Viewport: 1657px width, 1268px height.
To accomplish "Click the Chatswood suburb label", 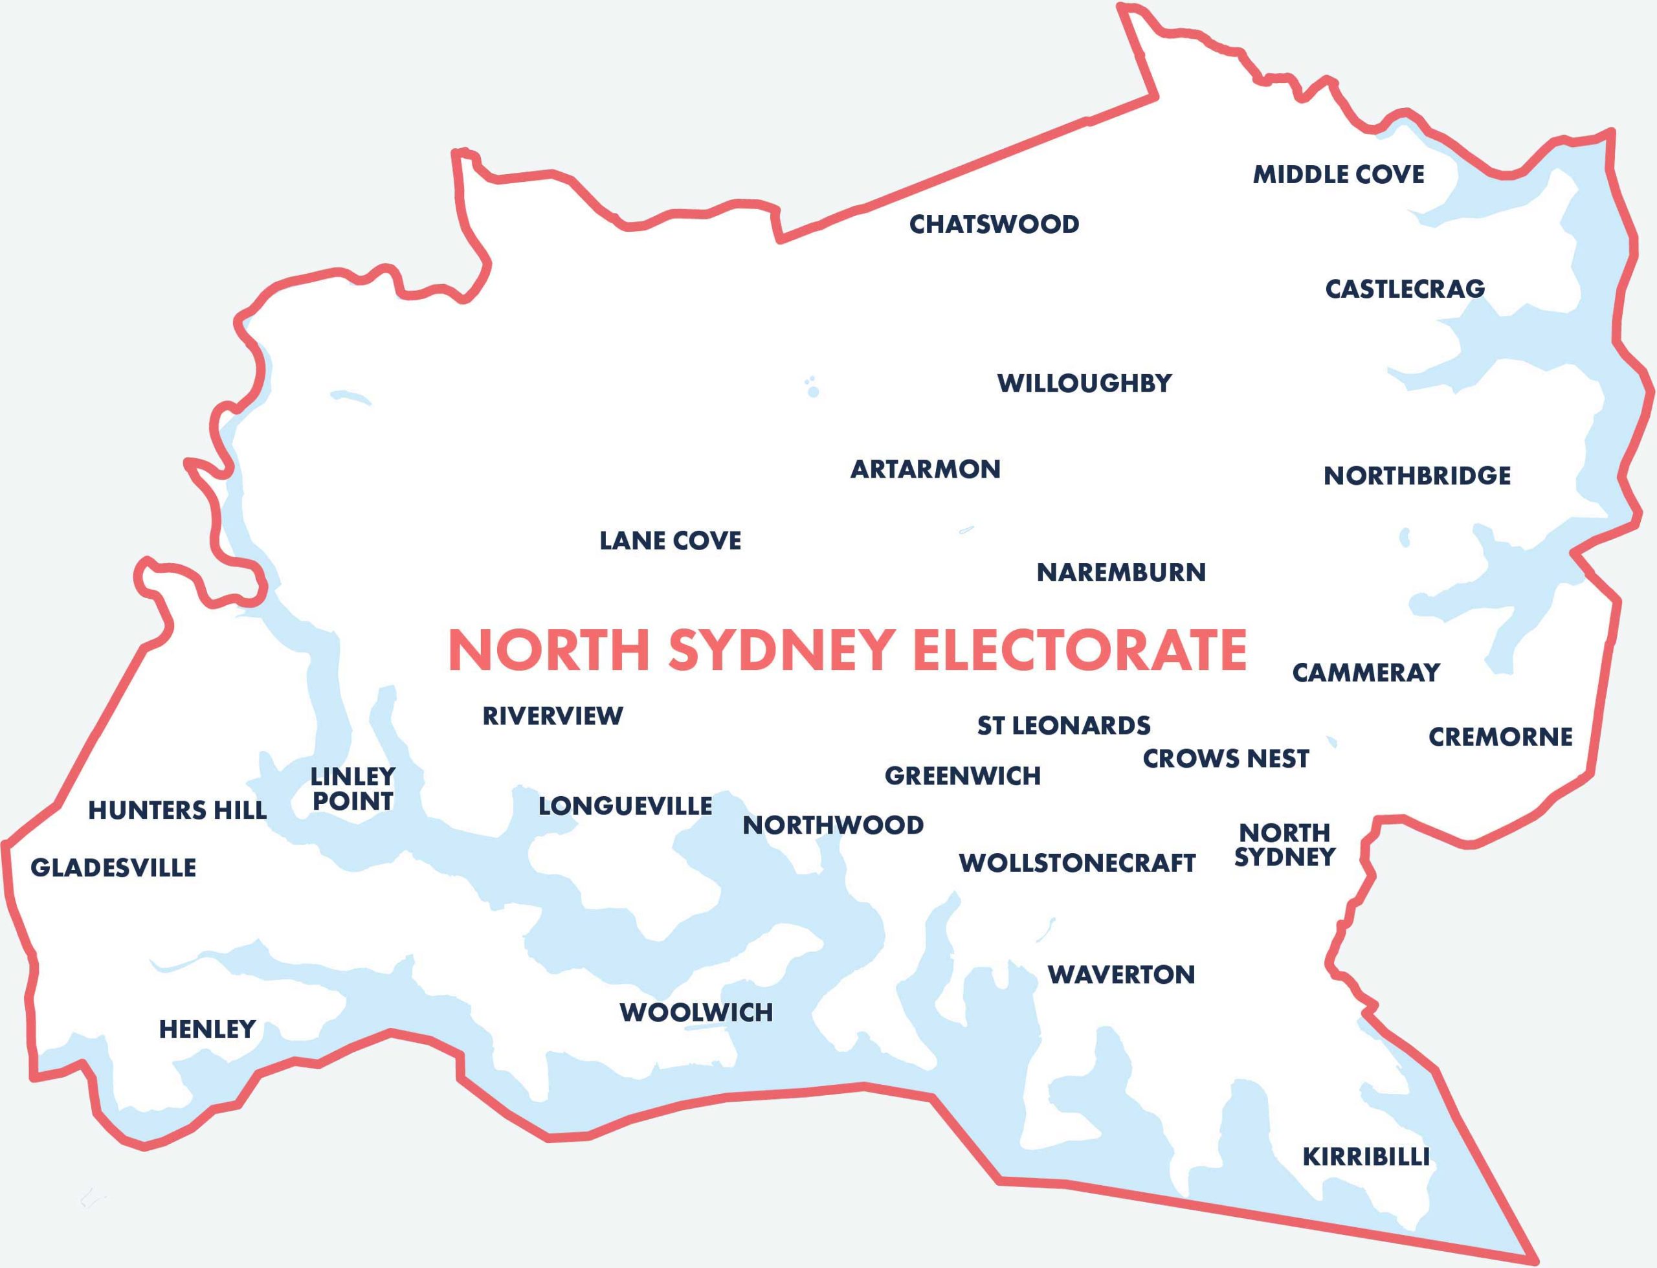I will (x=994, y=224).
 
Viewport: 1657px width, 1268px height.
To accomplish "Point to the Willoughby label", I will (x=1084, y=383).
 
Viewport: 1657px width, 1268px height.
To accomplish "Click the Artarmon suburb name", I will (x=925, y=469).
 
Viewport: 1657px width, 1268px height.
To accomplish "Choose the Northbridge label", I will (x=1417, y=476).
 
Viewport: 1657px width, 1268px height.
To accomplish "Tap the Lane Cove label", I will (x=670, y=541).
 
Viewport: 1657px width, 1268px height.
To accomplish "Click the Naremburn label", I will (x=1121, y=573).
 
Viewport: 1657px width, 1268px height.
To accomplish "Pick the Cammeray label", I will (x=1366, y=673).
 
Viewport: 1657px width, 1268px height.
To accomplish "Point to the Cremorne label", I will (x=1500, y=737).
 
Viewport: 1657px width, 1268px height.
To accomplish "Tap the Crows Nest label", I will (x=1226, y=759).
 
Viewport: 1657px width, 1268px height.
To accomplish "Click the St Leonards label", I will (x=1064, y=726).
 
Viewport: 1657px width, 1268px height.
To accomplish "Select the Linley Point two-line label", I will (x=352, y=789).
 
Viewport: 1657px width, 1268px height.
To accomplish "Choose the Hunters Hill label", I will (x=177, y=810).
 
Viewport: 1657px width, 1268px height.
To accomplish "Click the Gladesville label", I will (x=113, y=868).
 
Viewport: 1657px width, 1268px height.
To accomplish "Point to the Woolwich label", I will (x=696, y=1013).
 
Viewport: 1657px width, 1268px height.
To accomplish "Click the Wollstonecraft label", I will (x=1077, y=863).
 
